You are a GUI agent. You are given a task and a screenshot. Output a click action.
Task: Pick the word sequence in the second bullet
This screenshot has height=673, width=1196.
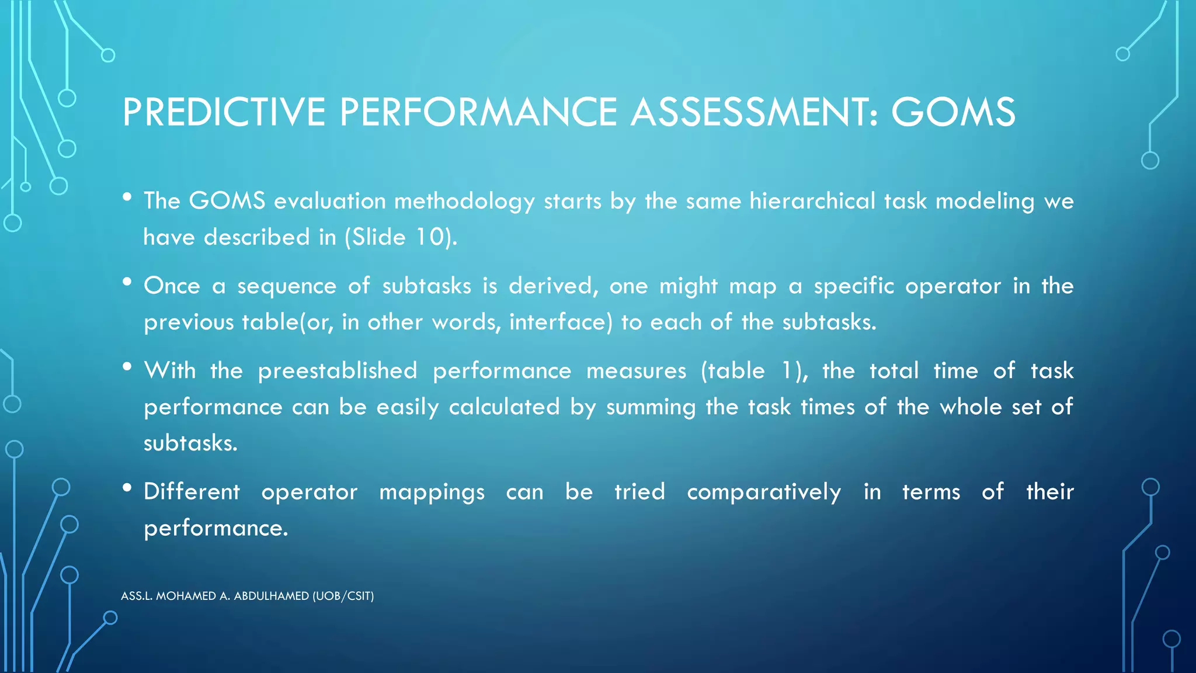tap(287, 286)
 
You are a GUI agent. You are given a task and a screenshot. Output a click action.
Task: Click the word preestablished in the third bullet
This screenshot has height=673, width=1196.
tap(338, 371)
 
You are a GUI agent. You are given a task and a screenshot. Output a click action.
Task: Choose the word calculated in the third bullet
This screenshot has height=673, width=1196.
tap(504, 407)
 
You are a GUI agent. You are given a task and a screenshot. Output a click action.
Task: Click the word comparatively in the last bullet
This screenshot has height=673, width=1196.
tap(764, 492)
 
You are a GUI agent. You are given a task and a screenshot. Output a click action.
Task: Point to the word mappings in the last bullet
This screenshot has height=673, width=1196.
tap(432, 492)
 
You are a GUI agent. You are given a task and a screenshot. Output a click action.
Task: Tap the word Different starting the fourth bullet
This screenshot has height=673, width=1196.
tap(192, 491)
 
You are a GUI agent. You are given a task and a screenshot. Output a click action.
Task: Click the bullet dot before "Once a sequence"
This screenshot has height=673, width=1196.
tap(127, 282)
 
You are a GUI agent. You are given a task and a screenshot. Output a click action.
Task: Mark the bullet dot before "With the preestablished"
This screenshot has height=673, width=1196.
tap(127, 367)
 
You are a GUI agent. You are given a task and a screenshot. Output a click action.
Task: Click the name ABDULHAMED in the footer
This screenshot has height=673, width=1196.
tap(272, 596)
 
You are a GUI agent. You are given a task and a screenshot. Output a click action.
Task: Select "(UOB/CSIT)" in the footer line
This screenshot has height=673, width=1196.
tap(343, 596)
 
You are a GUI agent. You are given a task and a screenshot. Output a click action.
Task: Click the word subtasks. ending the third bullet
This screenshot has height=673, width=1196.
tap(190, 443)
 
